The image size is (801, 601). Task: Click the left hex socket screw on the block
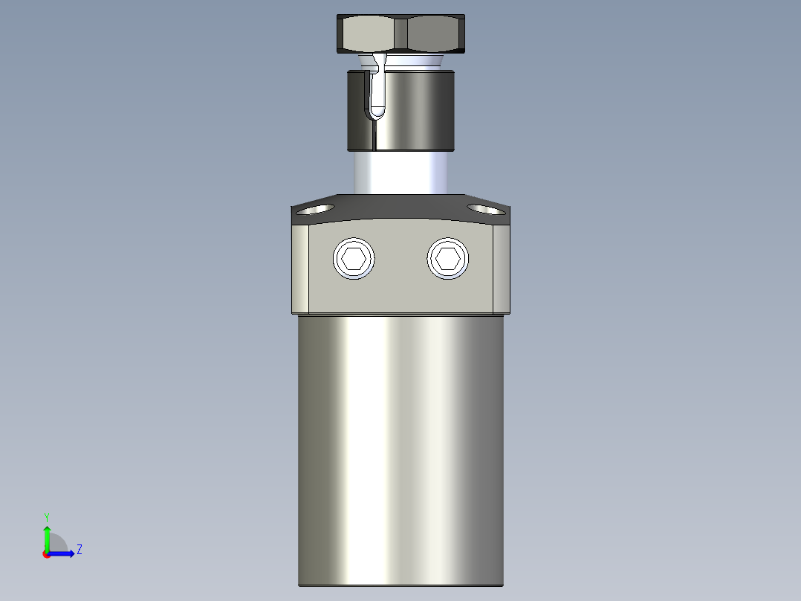(354, 259)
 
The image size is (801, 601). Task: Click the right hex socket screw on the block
(448, 259)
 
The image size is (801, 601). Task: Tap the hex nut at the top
(401, 34)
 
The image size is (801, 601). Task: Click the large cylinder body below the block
(401, 446)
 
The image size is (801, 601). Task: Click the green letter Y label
(46, 516)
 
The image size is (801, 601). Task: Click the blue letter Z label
(79, 550)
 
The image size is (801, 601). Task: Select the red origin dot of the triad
(47, 554)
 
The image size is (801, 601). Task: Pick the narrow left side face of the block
(300, 268)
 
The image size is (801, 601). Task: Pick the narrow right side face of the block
(502, 268)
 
